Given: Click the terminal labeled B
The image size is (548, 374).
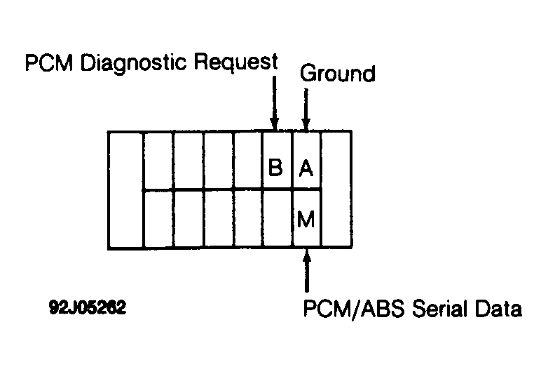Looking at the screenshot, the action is coord(277,161).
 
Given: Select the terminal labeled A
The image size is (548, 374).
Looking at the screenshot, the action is coord(306,161).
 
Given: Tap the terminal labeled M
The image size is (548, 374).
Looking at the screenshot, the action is coord(306,219).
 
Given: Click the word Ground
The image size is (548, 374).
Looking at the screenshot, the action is coord(338,74).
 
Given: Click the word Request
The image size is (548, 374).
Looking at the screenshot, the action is coord(236,62).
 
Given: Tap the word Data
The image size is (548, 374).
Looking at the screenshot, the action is coord(498,308).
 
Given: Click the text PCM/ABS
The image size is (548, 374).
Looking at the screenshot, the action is coord(354,308).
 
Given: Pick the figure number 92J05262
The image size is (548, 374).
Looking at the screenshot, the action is coord(88,307).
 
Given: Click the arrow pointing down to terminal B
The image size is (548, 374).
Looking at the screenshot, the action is coord(274,103).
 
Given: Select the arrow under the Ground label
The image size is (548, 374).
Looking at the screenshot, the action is coord(306,110).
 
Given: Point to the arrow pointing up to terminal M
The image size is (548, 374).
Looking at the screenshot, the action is coord(307,269).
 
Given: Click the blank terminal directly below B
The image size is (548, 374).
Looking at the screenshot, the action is coord(277,219).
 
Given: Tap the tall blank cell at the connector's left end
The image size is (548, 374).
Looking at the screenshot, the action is coord(125,189).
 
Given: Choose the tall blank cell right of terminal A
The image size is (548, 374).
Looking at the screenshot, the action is coord(336,189).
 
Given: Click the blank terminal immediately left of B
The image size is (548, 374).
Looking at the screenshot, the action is coord(248,161).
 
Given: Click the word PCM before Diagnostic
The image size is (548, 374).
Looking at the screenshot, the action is coord(49,63).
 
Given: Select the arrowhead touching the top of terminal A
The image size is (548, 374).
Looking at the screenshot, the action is coord(306,125).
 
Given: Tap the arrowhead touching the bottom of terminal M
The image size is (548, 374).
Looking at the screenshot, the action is coord(307,254).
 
